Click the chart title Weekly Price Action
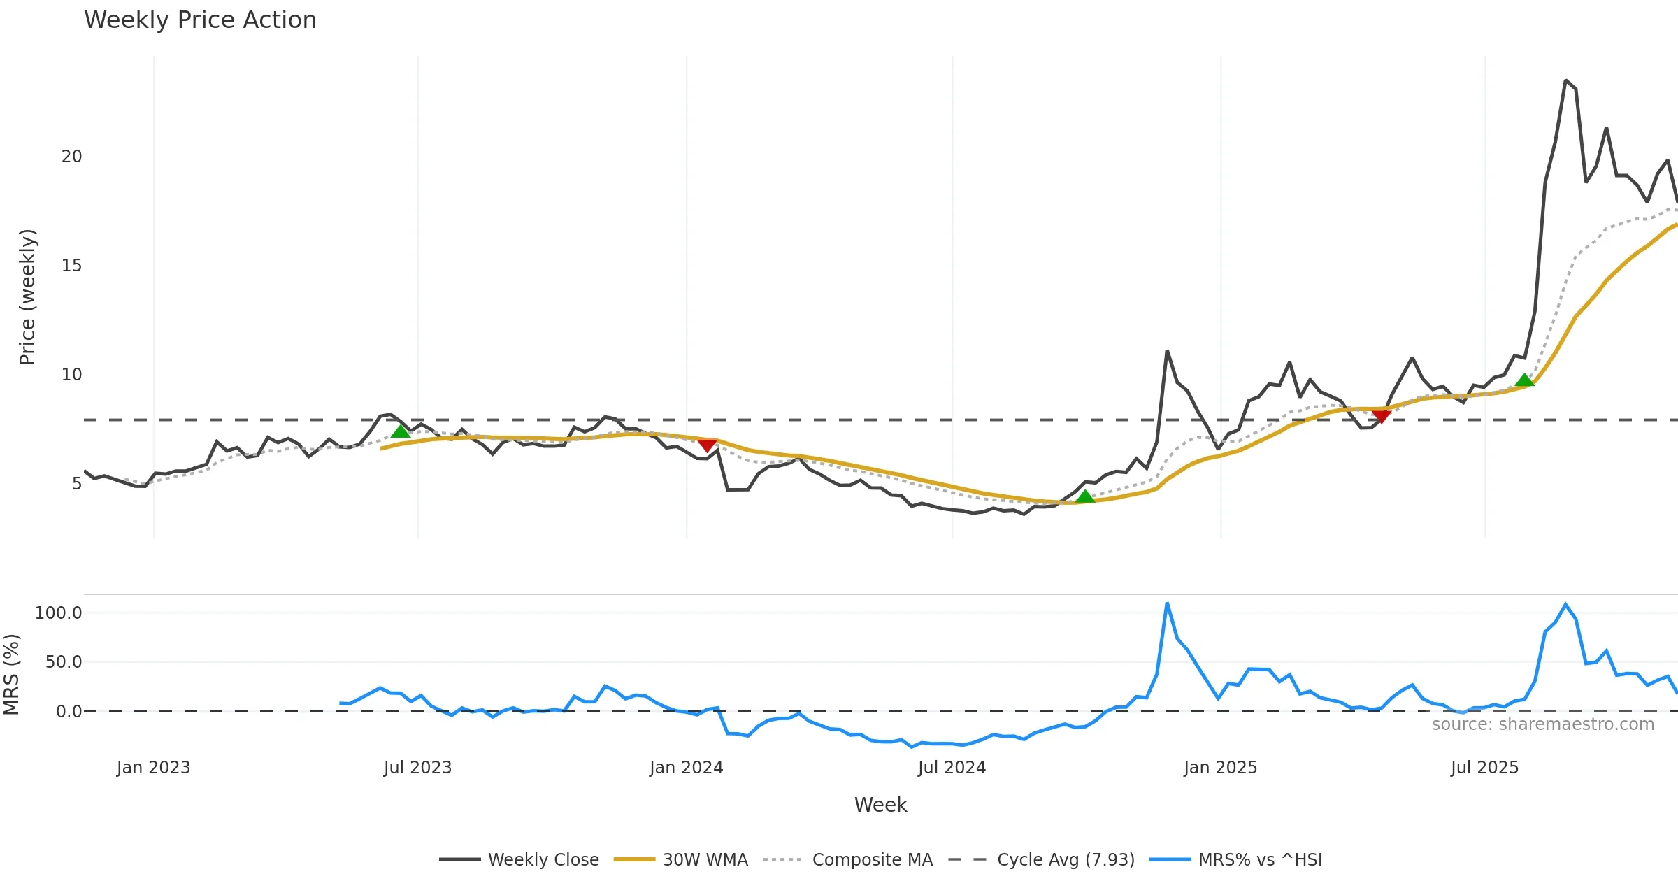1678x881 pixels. point(200,20)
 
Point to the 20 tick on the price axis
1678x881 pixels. point(71,157)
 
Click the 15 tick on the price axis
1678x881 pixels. point(71,266)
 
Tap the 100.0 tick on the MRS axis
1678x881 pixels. point(59,613)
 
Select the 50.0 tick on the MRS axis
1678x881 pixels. point(64,662)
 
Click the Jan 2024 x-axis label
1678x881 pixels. point(686,768)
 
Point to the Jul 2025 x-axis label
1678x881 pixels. point(1484,768)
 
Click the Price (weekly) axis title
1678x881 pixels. point(27,297)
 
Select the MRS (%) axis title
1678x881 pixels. point(11,675)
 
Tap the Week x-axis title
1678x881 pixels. point(880,805)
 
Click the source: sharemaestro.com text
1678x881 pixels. point(1542,724)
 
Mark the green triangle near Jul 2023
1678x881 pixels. point(401,431)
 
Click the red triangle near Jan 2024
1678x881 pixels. point(707,445)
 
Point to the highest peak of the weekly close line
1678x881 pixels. point(1565,80)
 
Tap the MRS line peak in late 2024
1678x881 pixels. point(1167,603)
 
